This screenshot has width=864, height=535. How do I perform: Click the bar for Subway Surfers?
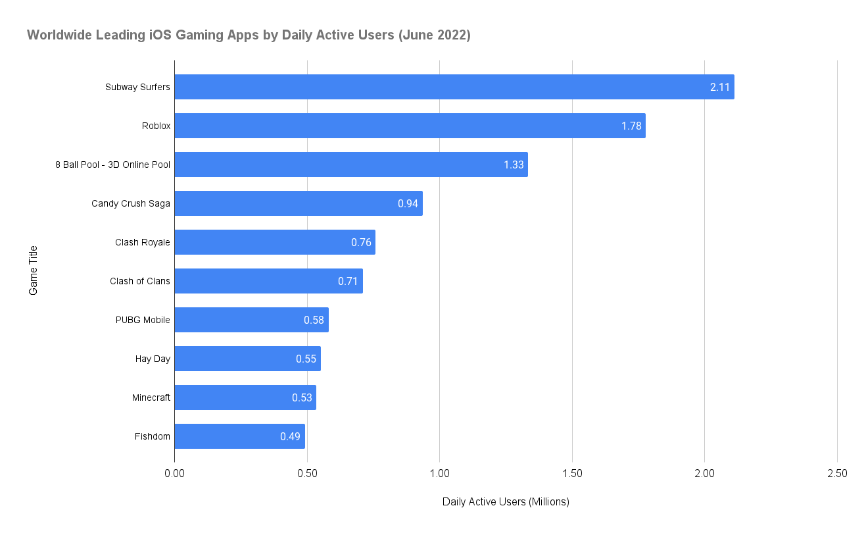point(454,87)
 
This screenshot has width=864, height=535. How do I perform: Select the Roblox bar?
point(410,126)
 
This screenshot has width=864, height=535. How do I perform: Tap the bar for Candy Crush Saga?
point(298,203)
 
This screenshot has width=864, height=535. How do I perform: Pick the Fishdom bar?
point(239,436)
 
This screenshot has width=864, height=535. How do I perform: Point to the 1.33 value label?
point(514,165)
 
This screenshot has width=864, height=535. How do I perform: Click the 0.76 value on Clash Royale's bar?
point(361,242)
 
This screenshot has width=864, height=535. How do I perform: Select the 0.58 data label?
point(314,320)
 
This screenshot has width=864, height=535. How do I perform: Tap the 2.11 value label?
point(720,87)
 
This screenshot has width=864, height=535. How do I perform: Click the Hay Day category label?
point(153,359)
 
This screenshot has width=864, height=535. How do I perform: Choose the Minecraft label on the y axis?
point(151,397)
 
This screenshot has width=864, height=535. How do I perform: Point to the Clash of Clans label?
point(140,281)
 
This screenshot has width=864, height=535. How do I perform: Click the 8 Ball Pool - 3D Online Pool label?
point(112,165)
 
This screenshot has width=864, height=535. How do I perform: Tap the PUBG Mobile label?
point(143,320)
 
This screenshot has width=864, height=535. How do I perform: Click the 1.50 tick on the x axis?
point(572,473)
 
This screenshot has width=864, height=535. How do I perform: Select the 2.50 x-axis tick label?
point(837,473)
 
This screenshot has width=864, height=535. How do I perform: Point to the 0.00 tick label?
point(174,473)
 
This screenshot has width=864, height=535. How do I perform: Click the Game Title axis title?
point(34,270)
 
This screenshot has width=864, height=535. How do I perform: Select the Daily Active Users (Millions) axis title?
point(506,502)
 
